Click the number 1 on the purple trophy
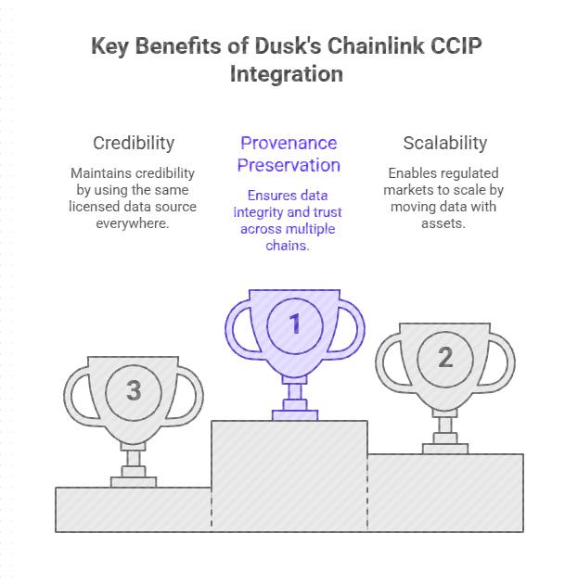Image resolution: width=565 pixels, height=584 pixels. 294,324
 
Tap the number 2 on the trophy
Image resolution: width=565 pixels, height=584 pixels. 445,357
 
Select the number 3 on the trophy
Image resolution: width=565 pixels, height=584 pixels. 134,390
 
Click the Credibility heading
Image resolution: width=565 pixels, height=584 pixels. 134,143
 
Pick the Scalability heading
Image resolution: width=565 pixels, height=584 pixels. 444,143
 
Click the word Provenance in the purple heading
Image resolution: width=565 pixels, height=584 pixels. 289,143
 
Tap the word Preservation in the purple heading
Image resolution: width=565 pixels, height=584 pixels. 289,165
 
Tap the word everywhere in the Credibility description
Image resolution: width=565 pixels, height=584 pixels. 134,223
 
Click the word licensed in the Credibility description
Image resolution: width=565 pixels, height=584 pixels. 96,207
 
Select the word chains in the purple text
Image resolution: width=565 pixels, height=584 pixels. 289,246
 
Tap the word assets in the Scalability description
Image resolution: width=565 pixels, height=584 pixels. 444,223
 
